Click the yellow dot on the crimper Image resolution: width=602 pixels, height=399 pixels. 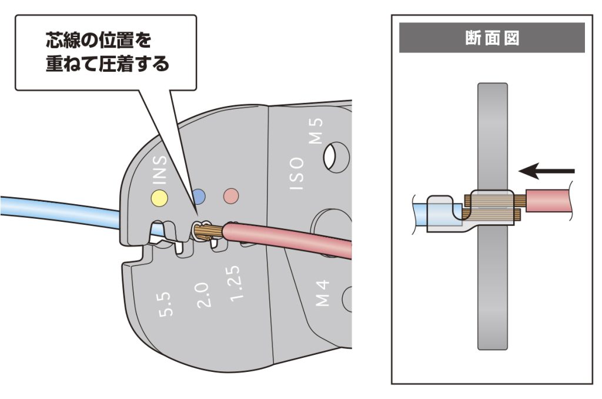pos(158,196)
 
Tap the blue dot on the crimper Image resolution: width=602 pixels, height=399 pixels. pos(199,195)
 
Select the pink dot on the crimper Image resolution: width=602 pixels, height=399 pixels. pos(230,195)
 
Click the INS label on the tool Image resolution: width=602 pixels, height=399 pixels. pos(161,169)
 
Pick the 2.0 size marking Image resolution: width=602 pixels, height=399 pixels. pos(202,294)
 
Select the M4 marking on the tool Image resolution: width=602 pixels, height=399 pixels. pos(323,294)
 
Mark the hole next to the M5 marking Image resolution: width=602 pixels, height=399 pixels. pos(337,155)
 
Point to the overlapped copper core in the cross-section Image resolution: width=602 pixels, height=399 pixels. pos(491,207)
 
